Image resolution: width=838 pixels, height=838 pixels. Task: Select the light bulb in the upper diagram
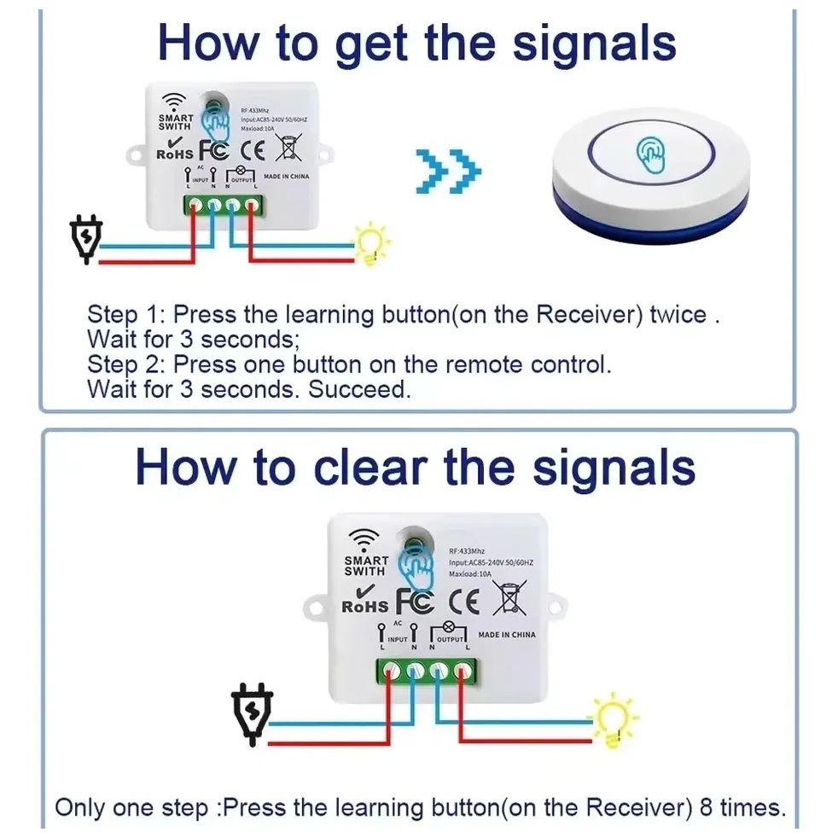pyautogui.click(x=372, y=243)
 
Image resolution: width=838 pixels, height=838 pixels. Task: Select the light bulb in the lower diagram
pyautogui.click(x=614, y=721)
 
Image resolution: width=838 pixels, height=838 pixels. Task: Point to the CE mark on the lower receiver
pyautogui.click(x=464, y=602)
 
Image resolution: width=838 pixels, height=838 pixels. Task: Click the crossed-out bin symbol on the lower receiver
pyautogui.click(x=510, y=599)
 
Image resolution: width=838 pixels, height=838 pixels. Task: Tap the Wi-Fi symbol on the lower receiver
pyautogui.click(x=365, y=539)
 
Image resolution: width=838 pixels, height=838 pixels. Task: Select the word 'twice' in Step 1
pyautogui.click(x=678, y=315)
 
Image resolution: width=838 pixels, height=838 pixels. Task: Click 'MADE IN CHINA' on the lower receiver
pyautogui.click(x=507, y=635)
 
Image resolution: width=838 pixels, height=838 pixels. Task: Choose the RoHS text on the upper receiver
pyautogui.click(x=175, y=154)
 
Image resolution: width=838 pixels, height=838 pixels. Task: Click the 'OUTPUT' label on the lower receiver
pyautogui.click(x=451, y=639)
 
